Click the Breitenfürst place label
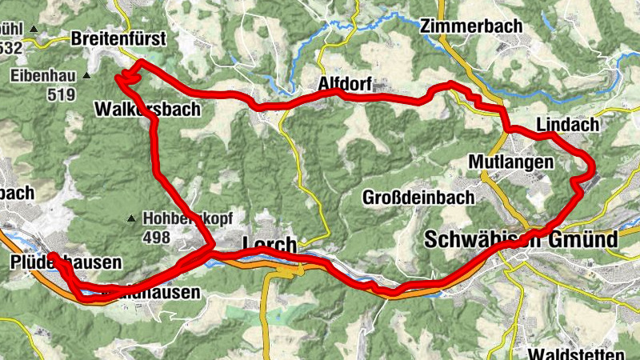(118, 38)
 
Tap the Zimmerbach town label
(470, 26)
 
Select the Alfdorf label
(346, 82)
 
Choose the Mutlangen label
(511, 162)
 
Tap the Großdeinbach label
(418, 197)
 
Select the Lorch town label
(269, 245)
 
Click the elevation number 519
(60, 95)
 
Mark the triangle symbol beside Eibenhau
(86, 77)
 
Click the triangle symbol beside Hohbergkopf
(131, 218)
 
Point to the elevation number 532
(10, 48)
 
